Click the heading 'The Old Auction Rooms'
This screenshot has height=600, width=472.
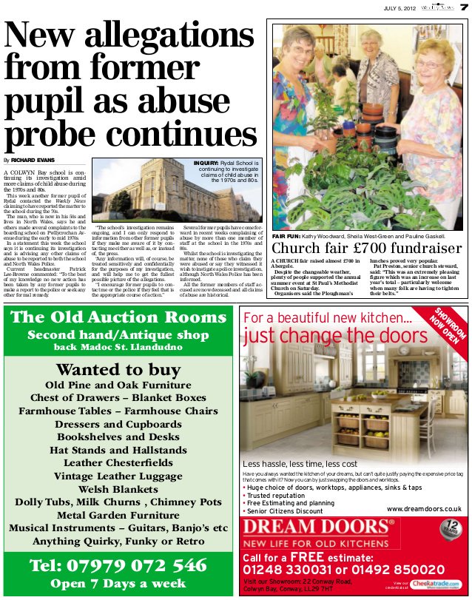point(118,317)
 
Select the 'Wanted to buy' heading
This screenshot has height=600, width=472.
point(118,369)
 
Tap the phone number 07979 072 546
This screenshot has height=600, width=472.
point(118,566)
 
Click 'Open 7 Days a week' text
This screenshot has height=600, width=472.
point(118,584)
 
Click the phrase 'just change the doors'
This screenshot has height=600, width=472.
point(336,336)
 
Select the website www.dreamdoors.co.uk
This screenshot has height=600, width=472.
point(424,509)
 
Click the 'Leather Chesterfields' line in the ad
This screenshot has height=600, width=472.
point(118,462)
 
